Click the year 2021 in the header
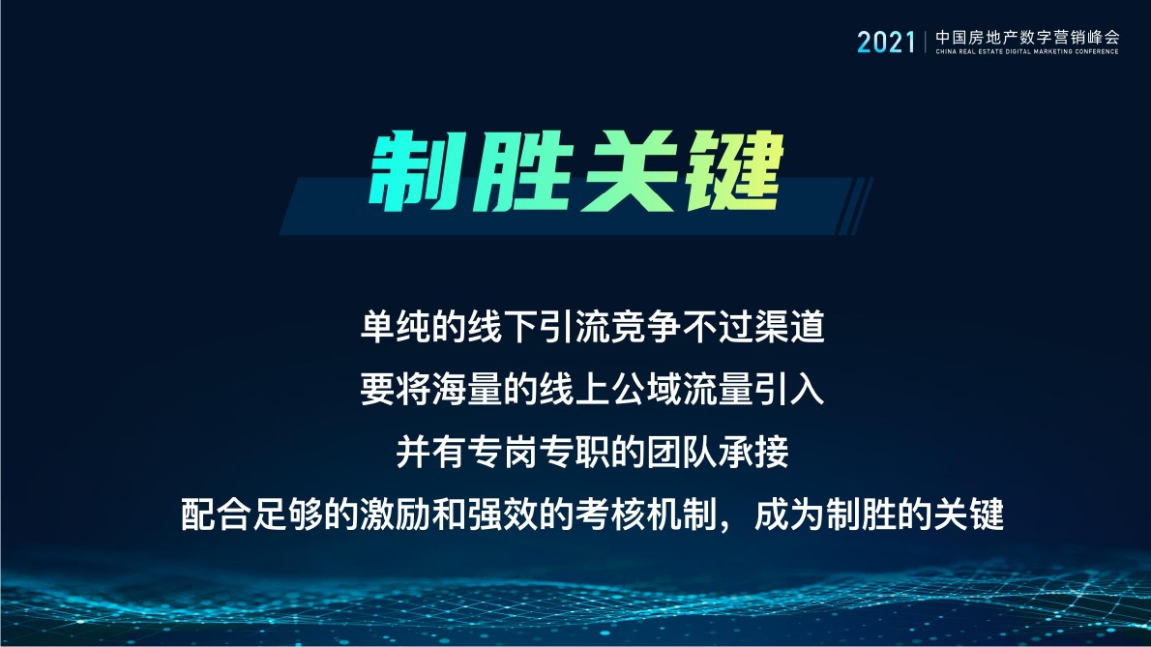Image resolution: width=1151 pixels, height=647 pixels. (x=885, y=42)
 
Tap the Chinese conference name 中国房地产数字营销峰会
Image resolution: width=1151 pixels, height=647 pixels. (x=1027, y=37)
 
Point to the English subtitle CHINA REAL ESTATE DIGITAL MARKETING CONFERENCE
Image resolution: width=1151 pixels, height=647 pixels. (x=1027, y=51)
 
